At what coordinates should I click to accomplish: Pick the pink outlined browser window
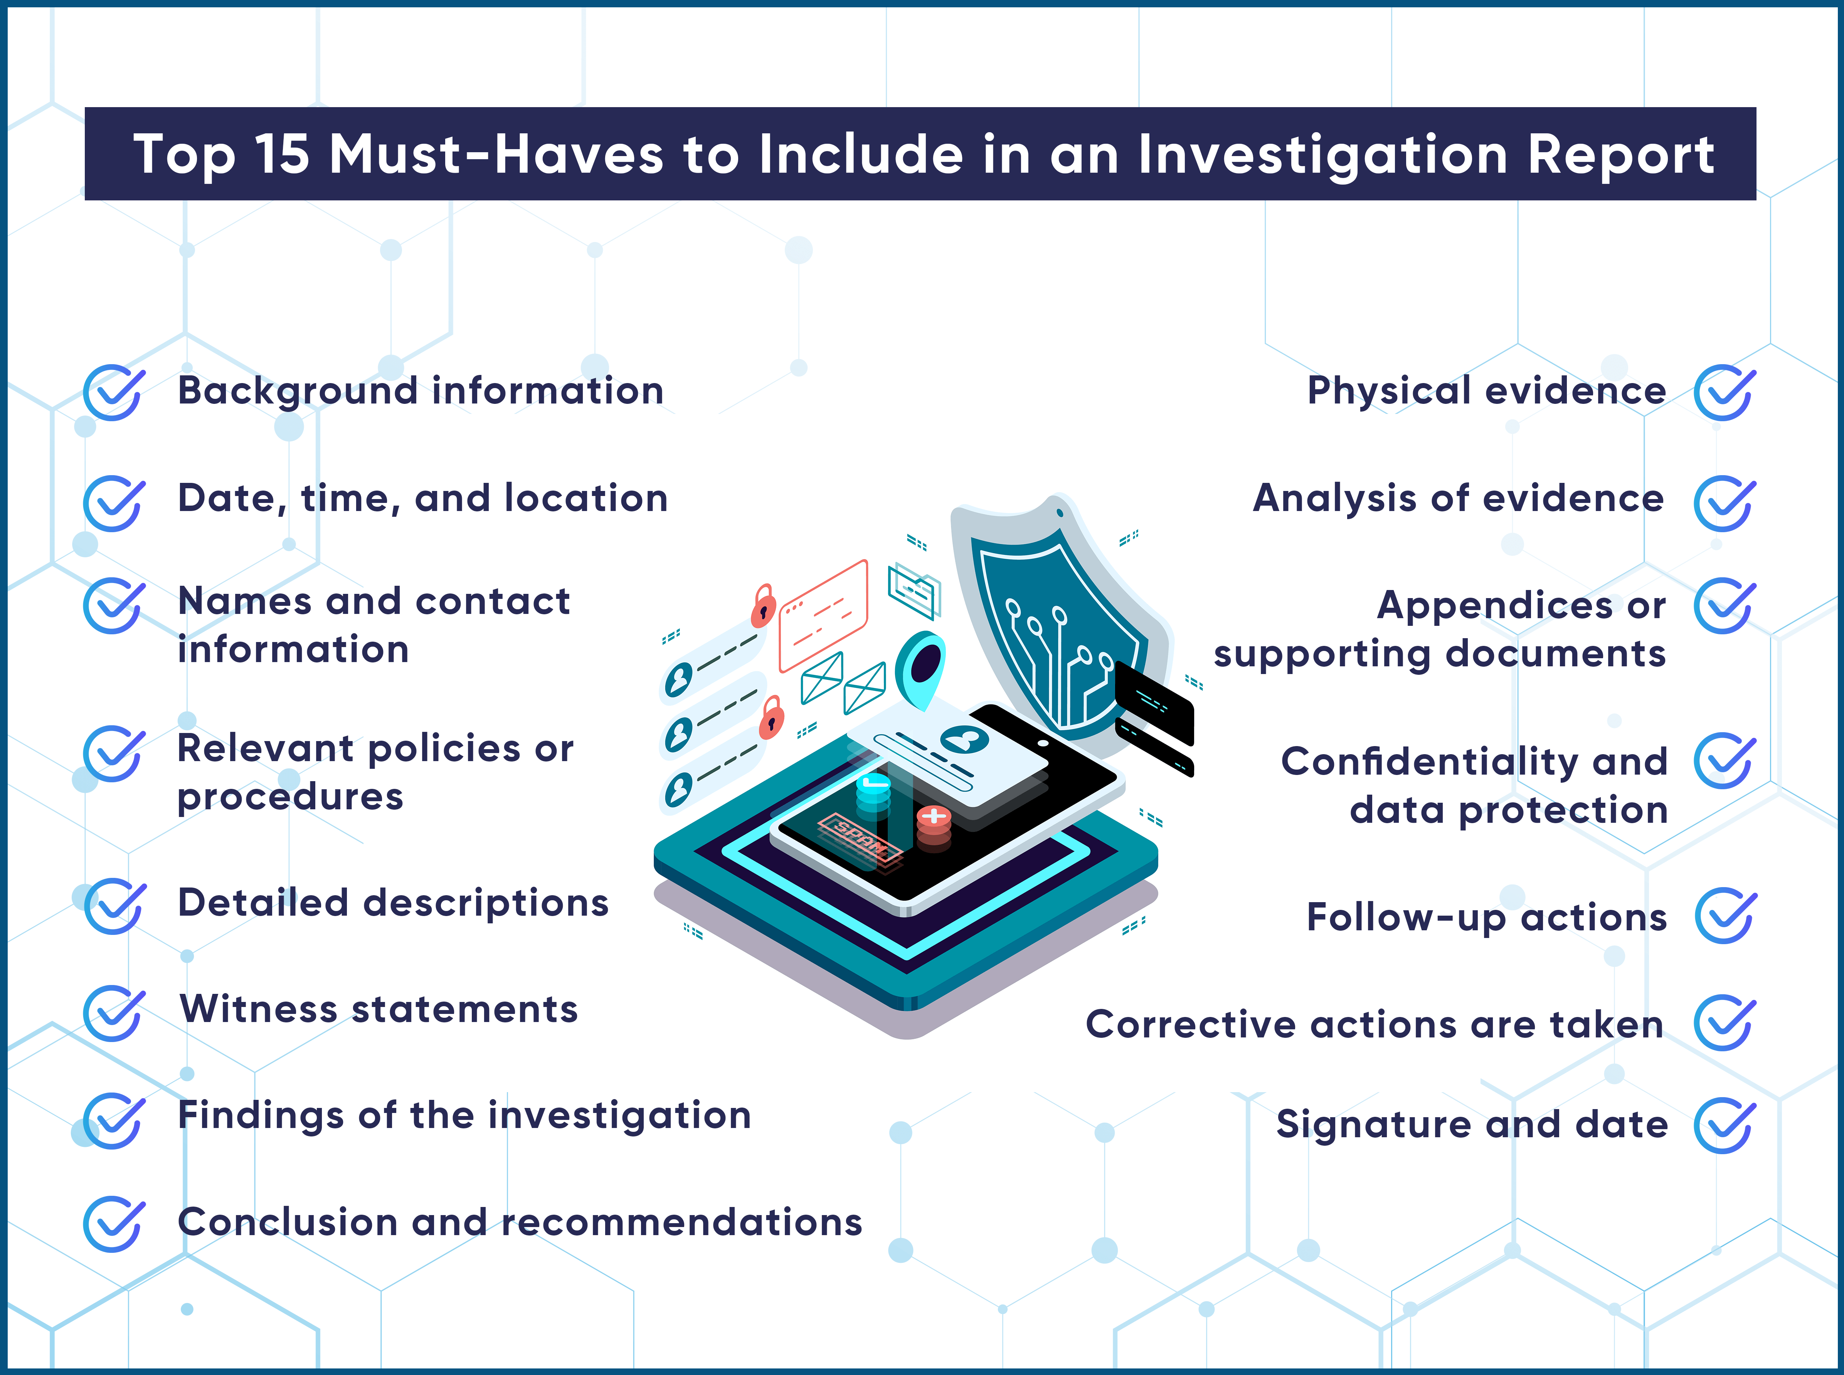823,616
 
